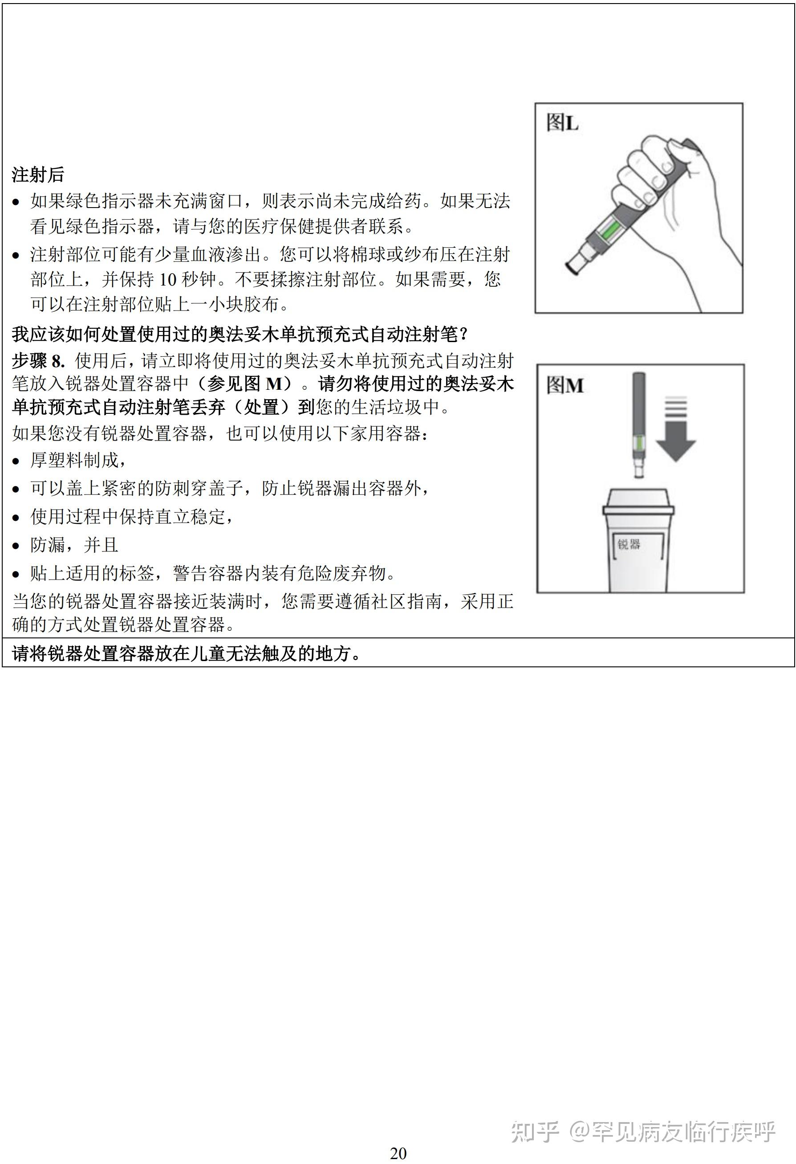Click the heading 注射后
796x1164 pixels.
pos(38,175)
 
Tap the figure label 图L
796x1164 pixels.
pos(562,122)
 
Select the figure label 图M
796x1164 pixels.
pos(565,385)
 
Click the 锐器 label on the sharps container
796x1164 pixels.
pos(629,544)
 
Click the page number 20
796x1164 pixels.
pos(398,1153)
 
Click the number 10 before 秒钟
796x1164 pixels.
pos(167,279)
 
